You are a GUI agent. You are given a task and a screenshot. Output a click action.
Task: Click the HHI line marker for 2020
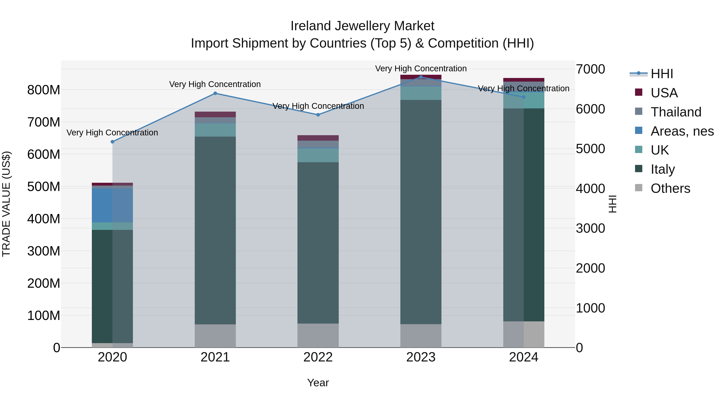(112, 142)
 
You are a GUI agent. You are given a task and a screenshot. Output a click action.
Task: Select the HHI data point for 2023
(421, 77)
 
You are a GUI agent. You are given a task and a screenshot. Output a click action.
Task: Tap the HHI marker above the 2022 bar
(318, 115)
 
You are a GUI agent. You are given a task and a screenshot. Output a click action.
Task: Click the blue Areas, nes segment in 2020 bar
(112, 205)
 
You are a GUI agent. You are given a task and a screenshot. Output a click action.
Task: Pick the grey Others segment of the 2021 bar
(215, 336)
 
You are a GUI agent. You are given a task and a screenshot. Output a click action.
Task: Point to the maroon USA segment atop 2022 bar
(318, 138)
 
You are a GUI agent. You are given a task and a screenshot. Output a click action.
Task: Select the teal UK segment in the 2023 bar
(421, 93)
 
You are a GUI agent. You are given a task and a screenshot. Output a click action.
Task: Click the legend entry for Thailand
(675, 112)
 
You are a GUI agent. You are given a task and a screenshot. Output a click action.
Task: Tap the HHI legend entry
(661, 74)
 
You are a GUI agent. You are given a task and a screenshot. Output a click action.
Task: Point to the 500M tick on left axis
(44, 187)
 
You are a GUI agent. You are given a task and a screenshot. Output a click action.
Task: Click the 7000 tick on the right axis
(590, 69)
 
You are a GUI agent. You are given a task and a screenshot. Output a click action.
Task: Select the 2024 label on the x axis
(523, 357)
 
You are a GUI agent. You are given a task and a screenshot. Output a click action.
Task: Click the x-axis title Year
(318, 383)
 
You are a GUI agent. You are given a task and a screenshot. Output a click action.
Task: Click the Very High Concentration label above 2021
(215, 84)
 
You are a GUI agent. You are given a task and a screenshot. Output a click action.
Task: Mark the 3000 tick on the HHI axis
(590, 228)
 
